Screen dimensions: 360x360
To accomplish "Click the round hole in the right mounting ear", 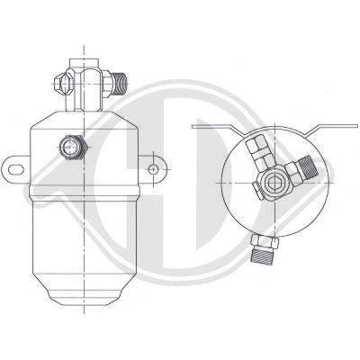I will (x=154, y=167).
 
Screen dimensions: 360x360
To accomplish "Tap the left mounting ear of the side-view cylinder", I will (x=16, y=167).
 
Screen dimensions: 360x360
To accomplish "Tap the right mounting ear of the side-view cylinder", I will (x=151, y=167).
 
